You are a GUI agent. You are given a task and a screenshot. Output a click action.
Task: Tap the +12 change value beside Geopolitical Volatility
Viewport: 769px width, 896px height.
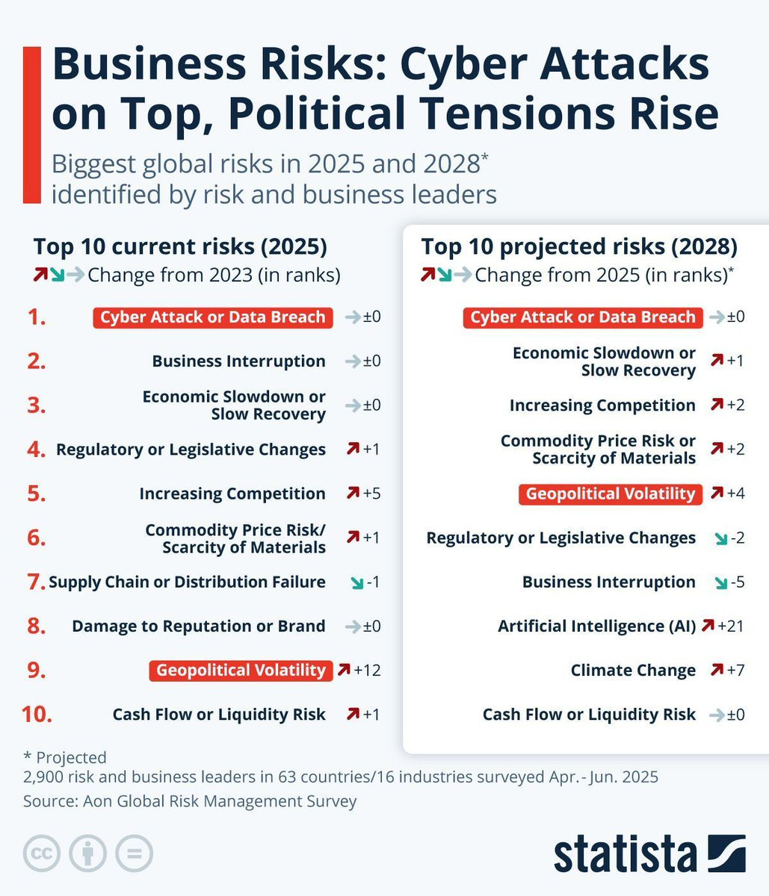tap(367, 670)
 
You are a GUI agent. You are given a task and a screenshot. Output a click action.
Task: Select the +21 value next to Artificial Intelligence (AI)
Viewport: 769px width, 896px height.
tap(731, 626)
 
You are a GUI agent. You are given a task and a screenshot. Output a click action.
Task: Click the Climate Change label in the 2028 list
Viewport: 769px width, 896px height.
tap(633, 671)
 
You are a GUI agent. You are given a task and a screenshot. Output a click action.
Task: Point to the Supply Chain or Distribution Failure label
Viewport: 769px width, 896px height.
tap(187, 582)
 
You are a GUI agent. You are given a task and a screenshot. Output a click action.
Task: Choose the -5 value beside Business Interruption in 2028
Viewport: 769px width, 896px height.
tap(737, 582)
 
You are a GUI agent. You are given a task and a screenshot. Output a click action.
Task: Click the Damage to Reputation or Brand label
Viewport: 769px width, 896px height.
tap(198, 626)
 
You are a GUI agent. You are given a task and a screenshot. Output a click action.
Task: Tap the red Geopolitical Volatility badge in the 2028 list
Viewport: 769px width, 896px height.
tap(611, 494)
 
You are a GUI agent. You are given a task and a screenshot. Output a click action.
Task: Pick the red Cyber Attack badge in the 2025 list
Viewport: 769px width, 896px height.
tap(213, 317)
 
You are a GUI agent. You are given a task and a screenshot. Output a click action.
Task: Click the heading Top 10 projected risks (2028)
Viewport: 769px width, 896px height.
tap(579, 246)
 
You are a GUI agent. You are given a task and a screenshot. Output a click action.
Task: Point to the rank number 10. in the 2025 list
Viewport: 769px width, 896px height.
tap(37, 715)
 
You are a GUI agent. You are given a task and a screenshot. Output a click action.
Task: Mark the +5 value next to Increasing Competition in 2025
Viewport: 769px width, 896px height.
tap(371, 494)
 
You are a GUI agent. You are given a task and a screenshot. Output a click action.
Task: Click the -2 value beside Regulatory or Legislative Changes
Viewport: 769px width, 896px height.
tap(737, 538)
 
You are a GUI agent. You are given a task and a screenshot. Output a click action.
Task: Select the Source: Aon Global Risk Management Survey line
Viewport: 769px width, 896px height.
tap(190, 801)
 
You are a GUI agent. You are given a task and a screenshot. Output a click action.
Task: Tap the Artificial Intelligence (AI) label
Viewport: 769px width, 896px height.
tap(596, 626)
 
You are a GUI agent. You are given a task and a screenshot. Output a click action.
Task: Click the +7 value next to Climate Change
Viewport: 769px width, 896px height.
tap(735, 670)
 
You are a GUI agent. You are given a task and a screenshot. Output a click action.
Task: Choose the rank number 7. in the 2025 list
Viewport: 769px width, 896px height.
tap(37, 582)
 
